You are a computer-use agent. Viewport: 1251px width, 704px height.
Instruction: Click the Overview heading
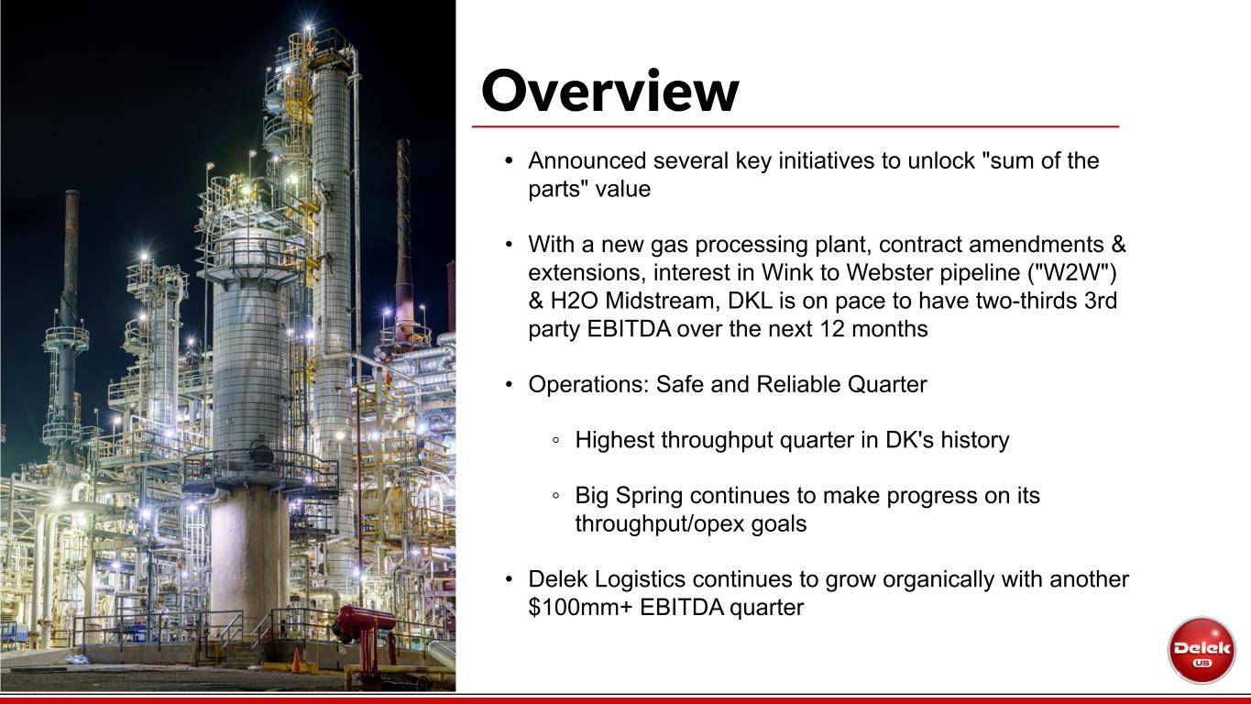[x=609, y=91]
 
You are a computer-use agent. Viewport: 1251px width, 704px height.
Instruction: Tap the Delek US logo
[x=1202, y=650]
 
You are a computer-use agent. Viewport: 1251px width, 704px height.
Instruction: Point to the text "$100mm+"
[x=580, y=608]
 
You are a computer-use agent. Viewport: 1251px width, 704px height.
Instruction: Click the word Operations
[x=588, y=385]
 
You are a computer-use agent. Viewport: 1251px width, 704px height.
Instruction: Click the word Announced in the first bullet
[x=587, y=161]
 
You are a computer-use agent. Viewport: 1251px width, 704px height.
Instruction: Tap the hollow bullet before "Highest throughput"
[x=555, y=440]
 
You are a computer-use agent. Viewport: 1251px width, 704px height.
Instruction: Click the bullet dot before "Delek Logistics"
[x=509, y=579]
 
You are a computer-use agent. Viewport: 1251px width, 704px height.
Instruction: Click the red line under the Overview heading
[x=796, y=126]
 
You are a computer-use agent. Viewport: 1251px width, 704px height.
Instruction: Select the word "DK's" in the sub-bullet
[x=909, y=440]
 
